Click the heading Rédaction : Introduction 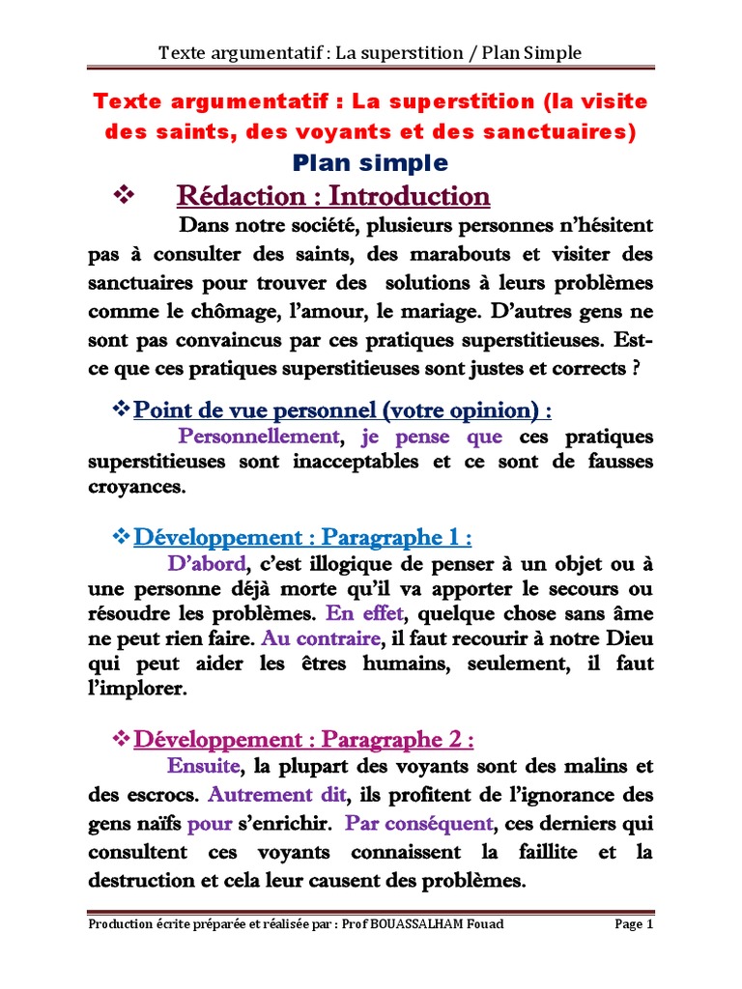tap(333, 196)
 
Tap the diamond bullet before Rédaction tap(124, 195)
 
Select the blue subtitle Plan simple tap(371, 161)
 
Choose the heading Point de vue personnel tap(342, 410)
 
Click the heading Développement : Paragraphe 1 tap(301, 537)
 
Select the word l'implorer tap(135, 690)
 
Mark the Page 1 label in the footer tap(634, 924)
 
